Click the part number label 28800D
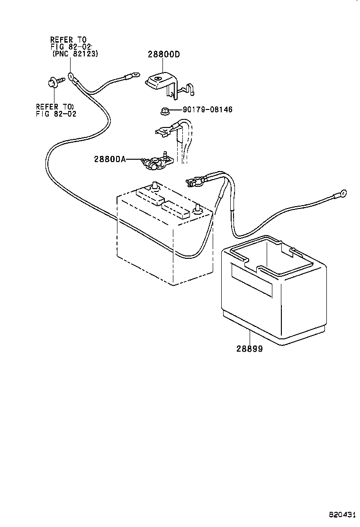tap(163, 55)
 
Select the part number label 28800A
tap(110, 160)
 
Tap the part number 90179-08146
tap(207, 110)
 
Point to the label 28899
tap(250, 349)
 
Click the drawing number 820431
tap(342, 514)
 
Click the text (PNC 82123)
tap(72, 55)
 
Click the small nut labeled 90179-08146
tap(163, 111)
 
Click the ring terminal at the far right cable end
tap(342, 193)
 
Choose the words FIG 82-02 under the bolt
tap(56, 114)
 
